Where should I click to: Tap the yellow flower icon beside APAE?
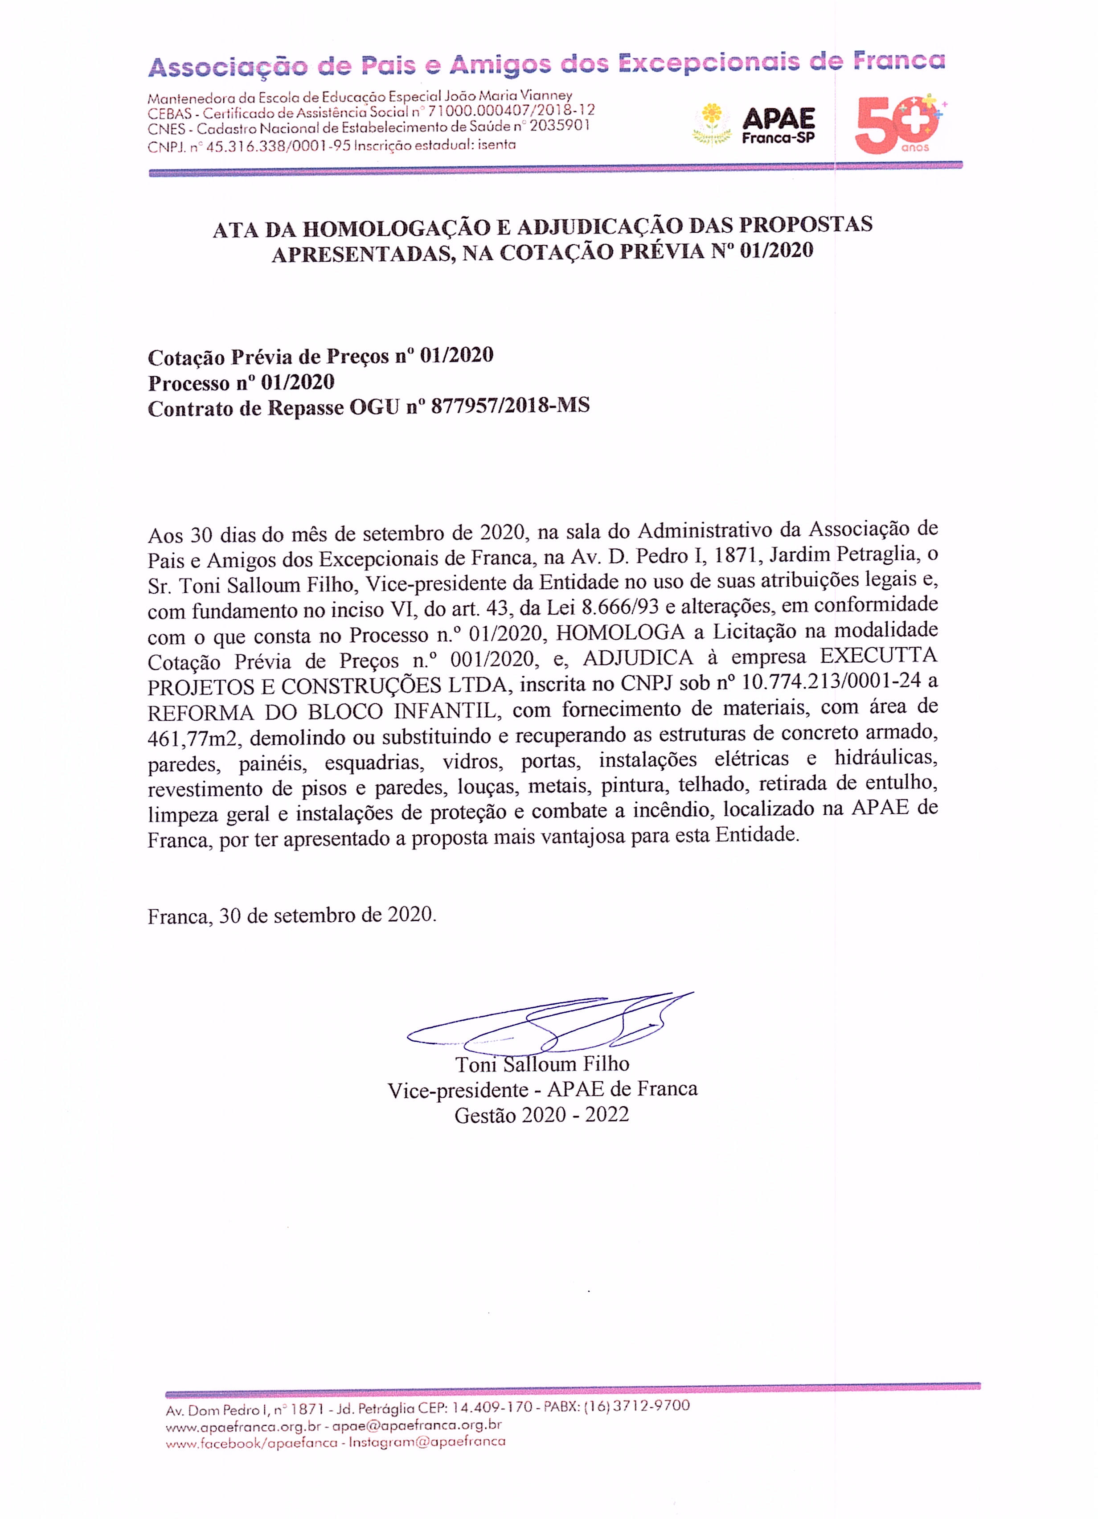point(713,123)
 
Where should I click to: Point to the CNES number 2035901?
point(560,126)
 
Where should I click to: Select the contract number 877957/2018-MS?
point(510,406)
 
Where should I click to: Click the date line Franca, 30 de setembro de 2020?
point(292,916)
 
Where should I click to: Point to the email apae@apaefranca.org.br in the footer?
point(417,1425)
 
